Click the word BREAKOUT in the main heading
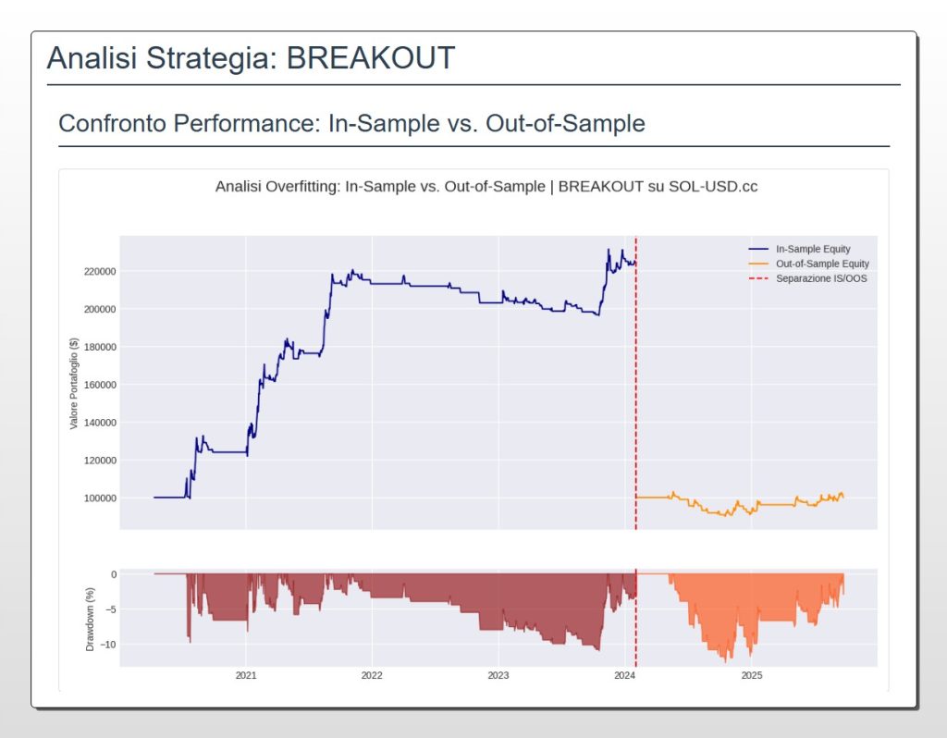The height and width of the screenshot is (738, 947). coord(370,57)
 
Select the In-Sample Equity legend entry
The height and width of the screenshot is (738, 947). coord(813,249)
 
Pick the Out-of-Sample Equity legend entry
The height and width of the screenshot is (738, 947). coord(820,264)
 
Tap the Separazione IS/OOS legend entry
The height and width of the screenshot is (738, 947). coord(821,278)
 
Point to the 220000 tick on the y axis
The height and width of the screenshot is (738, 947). coord(97,271)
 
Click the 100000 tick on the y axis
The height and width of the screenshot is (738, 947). coord(97,498)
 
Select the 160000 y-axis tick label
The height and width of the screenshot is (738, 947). coord(97,385)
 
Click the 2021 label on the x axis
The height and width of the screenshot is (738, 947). coord(246,676)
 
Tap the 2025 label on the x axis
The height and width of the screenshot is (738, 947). coord(751,676)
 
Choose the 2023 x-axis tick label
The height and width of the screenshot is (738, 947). coord(498,676)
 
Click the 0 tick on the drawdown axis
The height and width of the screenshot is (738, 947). coord(113,573)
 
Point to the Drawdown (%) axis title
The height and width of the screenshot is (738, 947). coord(91,617)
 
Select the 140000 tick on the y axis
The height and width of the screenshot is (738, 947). coord(97,423)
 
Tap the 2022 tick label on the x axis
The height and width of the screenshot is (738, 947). coord(372,676)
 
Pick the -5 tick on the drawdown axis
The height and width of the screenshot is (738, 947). coord(110,609)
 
